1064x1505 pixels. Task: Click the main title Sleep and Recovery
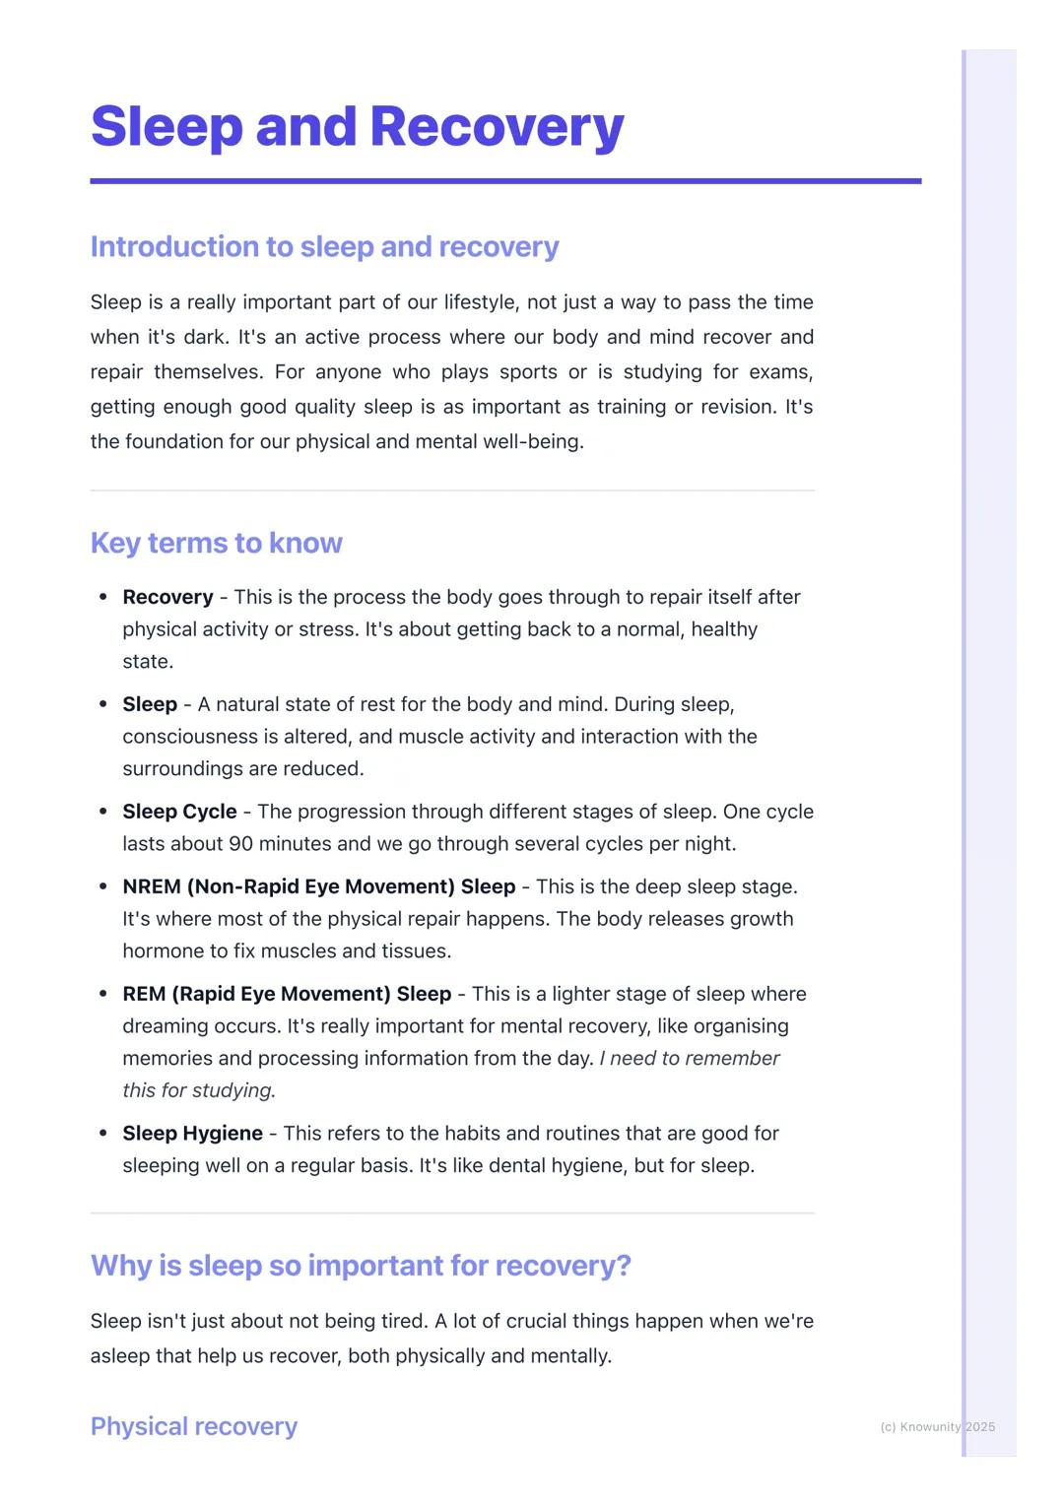[x=357, y=127]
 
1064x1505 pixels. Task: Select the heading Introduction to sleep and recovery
[x=324, y=246]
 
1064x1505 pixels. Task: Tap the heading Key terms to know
[x=216, y=543]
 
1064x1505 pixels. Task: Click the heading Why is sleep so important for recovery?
[x=361, y=1265]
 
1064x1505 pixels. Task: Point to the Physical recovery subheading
[x=193, y=1426]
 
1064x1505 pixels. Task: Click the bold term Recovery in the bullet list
[x=167, y=597]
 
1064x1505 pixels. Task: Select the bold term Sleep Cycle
[x=179, y=812]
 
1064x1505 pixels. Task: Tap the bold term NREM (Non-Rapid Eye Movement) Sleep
[x=318, y=886]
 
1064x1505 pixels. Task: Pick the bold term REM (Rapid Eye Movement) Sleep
[x=287, y=994]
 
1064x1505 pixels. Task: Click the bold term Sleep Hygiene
[x=192, y=1134]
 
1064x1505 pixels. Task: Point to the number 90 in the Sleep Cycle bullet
[x=240, y=844]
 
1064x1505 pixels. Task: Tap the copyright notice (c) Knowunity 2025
[x=937, y=1426]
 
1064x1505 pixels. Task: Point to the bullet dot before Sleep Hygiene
[x=102, y=1134]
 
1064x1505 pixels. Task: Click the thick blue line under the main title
[x=505, y=181]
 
